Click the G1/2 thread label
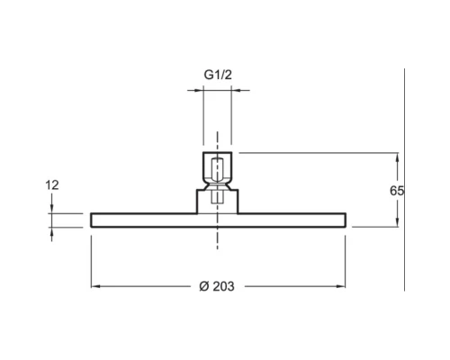[x=218, y=75]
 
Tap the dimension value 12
[x=52, y=185]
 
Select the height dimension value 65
[x=397, y=191]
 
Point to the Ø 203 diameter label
[x=217, y=286]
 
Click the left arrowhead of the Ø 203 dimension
[x=95, y=286]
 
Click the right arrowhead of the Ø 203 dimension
[x=341, y=286]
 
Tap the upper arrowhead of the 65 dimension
[x=398, y=157]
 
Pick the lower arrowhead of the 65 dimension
[x=398, y=222]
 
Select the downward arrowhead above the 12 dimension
[x=52, y=209]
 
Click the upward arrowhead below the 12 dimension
[x=52, y=232]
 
